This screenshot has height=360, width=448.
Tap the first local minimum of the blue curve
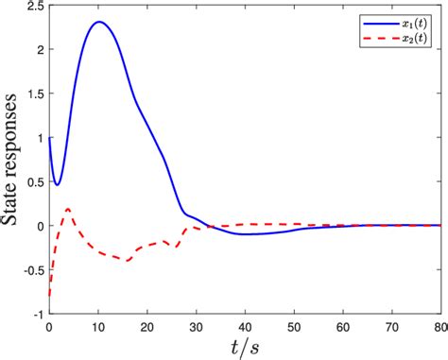click(x=57, y=184)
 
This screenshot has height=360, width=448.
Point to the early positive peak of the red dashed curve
click(x=68, y=208)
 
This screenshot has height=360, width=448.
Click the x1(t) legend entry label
click(x=411, y=20)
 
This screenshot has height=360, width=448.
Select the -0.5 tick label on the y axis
click(x=30, y=269)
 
